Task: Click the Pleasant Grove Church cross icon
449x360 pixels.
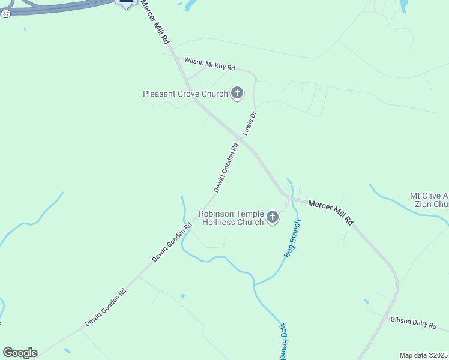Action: pos(237,93)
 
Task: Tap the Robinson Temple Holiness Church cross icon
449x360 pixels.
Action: pos(273,217)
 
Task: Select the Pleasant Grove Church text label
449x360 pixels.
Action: pos(185,94)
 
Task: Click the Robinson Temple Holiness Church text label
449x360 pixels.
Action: pos(232,218)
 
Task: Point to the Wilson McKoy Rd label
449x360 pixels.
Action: pos(209,64)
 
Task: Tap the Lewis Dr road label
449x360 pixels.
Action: pos(249,124)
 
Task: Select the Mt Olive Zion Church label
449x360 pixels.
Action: pos(429,200)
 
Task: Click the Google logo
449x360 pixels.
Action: pos(20,353)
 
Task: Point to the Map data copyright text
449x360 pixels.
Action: pos(424,355)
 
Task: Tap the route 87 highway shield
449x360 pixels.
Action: pos(5,13)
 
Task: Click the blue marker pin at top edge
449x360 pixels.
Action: pos(125,2)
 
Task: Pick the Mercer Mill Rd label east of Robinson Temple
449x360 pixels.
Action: pos(331,212)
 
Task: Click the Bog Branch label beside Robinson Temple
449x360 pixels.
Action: pos(292,239)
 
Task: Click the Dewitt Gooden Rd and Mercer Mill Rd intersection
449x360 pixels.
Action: pos(240,141)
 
